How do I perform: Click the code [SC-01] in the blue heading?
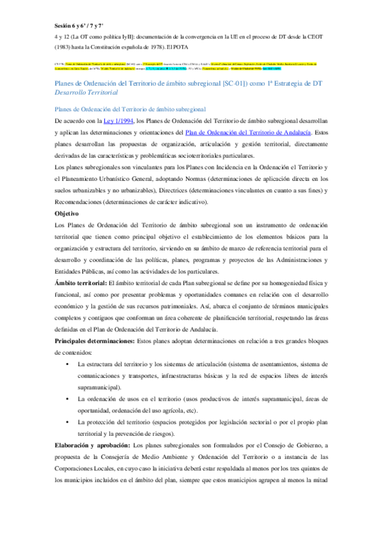coord(234,84)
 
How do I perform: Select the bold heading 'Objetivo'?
coord(66,212)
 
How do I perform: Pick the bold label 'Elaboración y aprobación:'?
coord(92,445)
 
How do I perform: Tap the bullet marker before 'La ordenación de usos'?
coord(66,399)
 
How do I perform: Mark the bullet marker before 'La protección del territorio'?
coord(66,422)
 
